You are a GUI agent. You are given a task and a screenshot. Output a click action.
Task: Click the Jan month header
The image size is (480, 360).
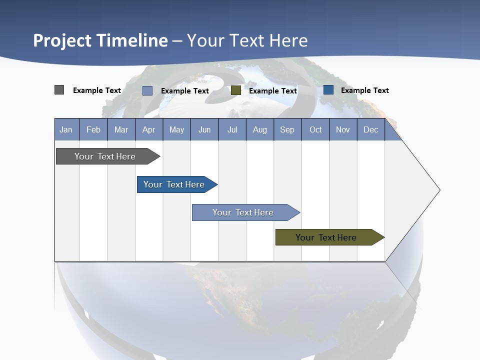(66, 129)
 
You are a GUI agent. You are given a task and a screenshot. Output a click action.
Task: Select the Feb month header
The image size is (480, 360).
(93, 129)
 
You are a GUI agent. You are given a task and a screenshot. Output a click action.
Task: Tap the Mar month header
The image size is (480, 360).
(121, 129)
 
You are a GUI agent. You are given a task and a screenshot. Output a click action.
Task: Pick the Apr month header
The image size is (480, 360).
(149, 129)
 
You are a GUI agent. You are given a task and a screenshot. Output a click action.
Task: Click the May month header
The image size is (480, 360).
(176, 129)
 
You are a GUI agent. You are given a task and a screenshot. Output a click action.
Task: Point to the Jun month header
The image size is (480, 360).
(204, 129)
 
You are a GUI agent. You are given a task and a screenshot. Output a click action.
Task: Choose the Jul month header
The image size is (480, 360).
(232, 129)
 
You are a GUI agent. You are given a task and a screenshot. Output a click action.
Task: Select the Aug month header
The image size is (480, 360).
(260, 129)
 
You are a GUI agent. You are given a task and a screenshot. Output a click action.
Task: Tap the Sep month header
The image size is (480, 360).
(287, 129)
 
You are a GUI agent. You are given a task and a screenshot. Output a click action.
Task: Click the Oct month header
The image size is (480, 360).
(315, 129)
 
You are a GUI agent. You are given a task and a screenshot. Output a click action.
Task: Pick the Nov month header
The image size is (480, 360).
(343, 129)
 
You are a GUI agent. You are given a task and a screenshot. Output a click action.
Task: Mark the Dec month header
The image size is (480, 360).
(371, 129)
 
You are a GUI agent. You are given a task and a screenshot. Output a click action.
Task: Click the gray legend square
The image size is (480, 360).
(59, 90)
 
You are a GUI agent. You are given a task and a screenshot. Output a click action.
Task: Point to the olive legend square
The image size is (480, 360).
(236, 90)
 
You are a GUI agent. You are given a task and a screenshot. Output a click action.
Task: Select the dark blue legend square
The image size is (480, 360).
(328, 90)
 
